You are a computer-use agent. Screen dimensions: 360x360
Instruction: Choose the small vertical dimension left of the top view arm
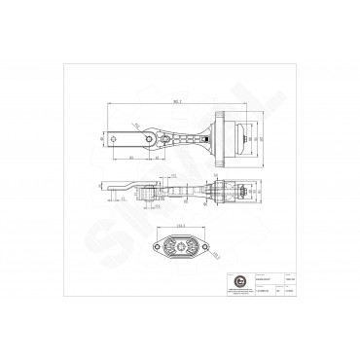click(x=101, y=142)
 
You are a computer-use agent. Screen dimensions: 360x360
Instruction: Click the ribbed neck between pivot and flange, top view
click(x=185, y=141)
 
